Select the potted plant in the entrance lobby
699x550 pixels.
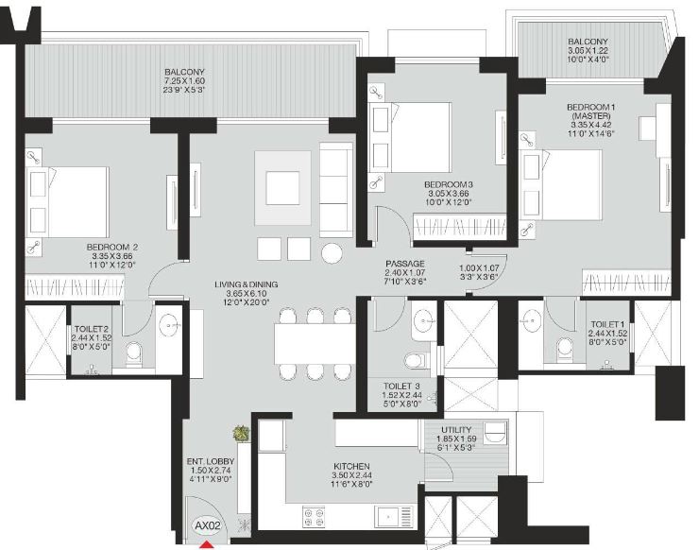coord(241,433)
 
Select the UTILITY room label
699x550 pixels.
coord(463,427)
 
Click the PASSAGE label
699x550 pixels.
coord(405,264)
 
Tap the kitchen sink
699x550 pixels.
coord(390,516)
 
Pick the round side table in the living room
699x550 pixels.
coord(333,253)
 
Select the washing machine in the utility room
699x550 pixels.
coord(496,434)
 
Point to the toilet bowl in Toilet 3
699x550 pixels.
coord(413,358)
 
